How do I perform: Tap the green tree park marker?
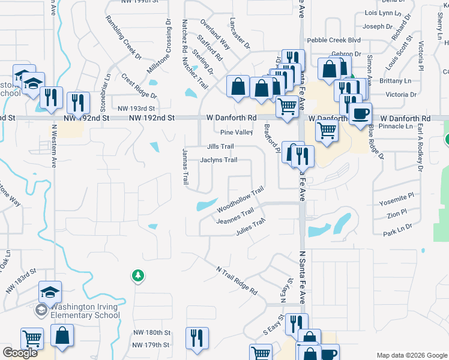coord(138,276)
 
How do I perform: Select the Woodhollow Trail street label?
coord(241,199)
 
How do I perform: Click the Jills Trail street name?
coord(220,146)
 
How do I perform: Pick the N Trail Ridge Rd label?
coord(237,280)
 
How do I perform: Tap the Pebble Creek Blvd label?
coord(334,40)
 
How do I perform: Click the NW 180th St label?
coord(152,332)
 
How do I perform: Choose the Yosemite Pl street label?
coord(397,196)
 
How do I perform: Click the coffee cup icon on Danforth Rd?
coord(360,113)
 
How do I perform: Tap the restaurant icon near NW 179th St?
coord(196,338)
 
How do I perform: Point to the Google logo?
coord(20,353)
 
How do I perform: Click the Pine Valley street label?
coord(237,132)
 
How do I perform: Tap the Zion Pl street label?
coord(397,212)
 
